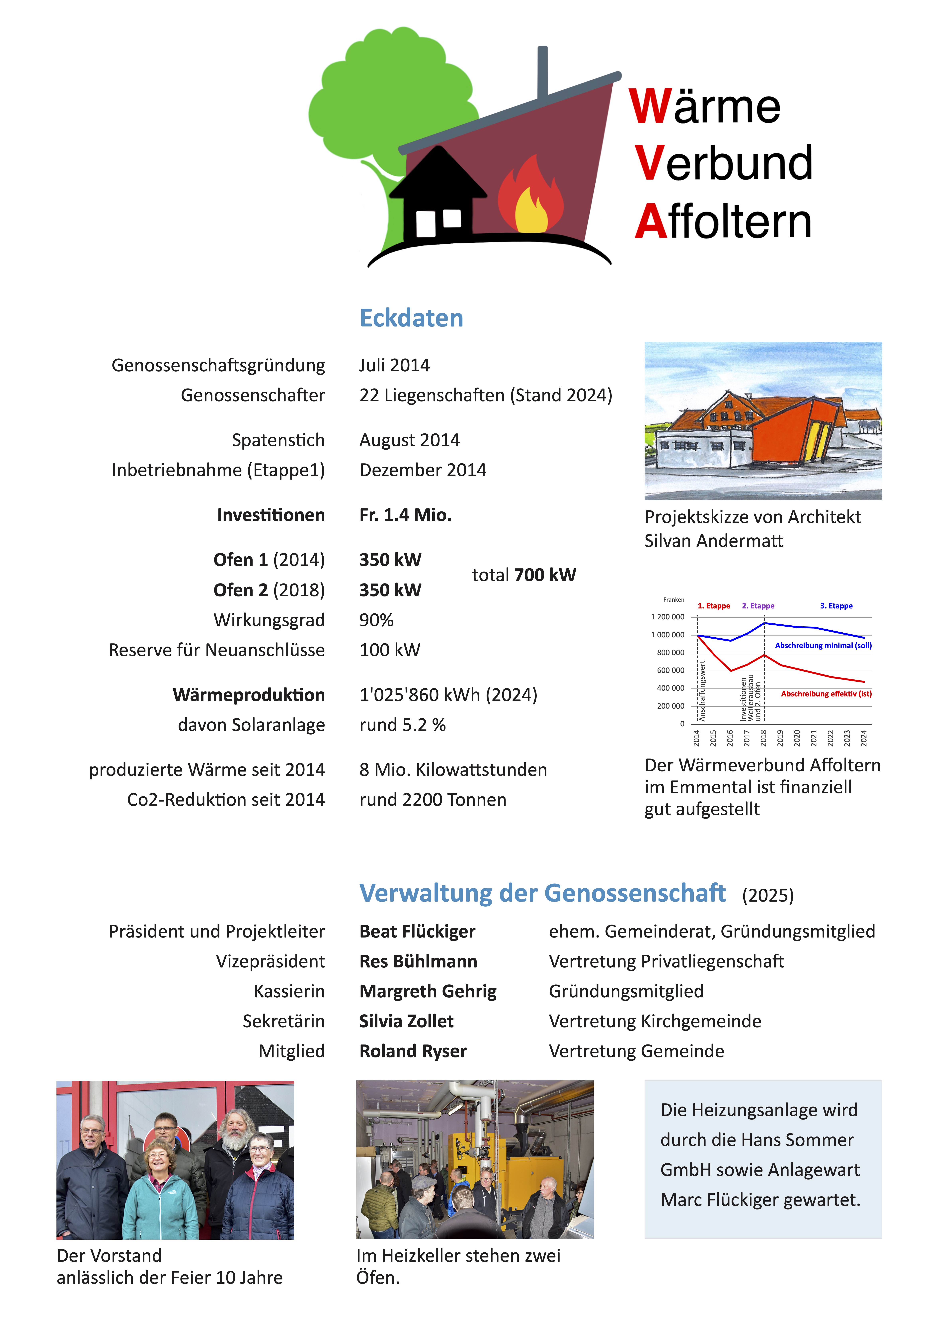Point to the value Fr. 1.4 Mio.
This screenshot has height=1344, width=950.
click(405, 515)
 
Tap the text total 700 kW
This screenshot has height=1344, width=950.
click(524, 575)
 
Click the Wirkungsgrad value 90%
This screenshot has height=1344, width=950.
click(376, 620)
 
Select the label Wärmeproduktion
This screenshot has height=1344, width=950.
click(249, 695)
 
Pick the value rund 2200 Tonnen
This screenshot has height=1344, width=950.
click(433, 800)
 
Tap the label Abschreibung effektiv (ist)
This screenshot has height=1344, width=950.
click(826, 694)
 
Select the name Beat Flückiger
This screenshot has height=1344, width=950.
click(417, 931)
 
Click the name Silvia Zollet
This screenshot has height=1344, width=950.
click(406, 1021)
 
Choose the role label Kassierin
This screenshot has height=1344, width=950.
click(289, 991)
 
